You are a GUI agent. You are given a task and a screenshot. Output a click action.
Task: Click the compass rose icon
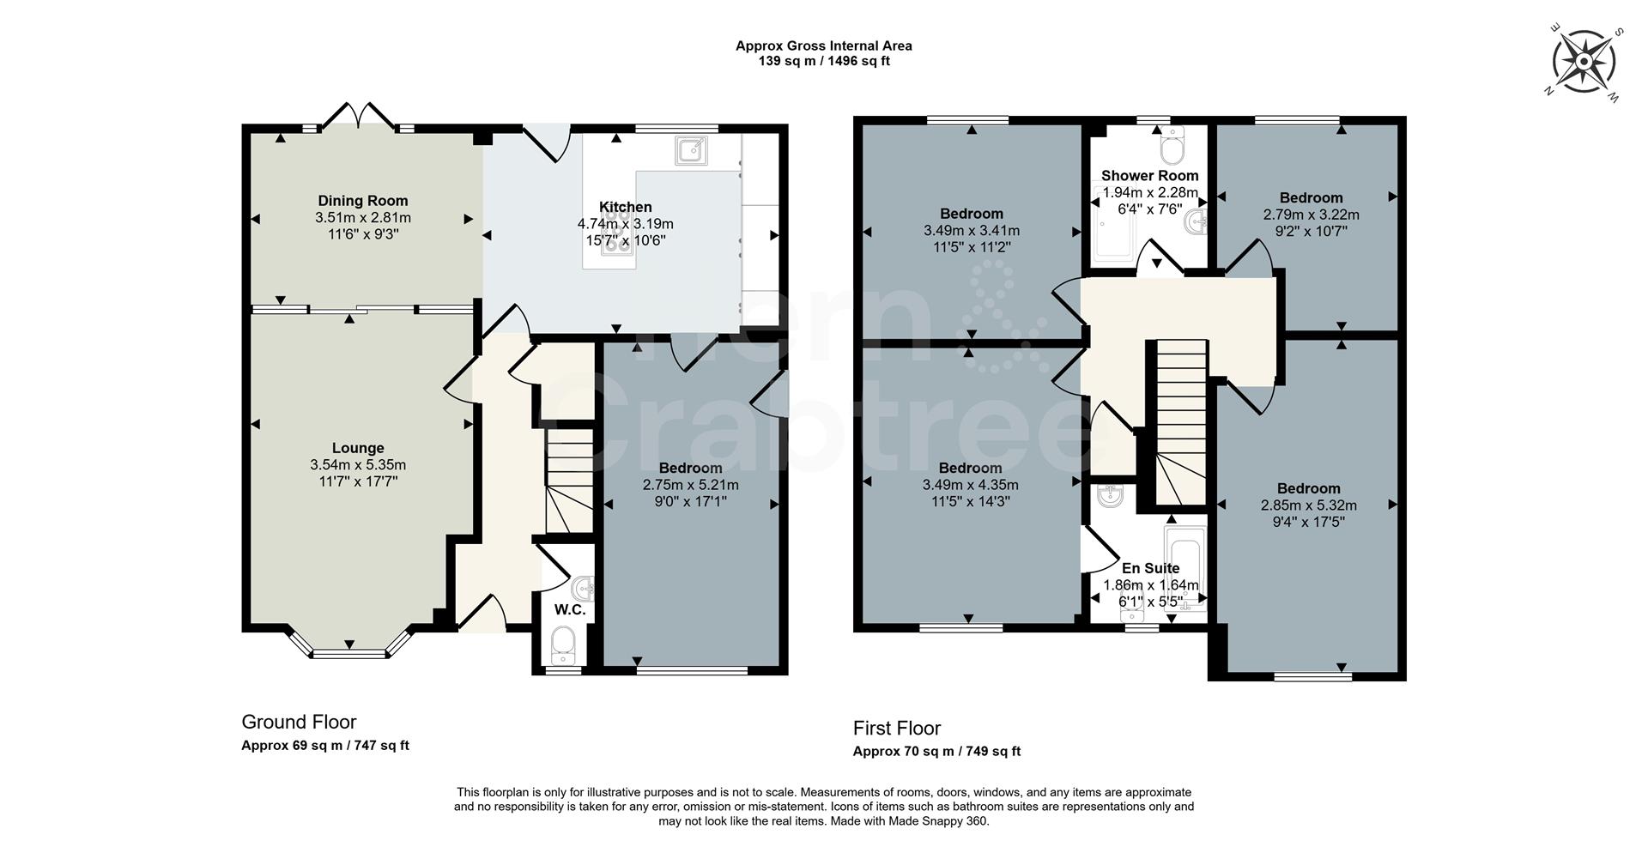tap(1584, 61)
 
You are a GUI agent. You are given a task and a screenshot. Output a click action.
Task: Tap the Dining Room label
tap(363, 201)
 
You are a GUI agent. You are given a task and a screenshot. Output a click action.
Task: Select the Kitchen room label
tap(625, 207)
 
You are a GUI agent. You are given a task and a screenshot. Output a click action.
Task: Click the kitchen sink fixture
tap(690, 150)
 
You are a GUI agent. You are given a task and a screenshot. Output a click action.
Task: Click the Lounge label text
tap(358, 448)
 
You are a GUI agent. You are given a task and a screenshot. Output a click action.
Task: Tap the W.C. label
tap(570, 610)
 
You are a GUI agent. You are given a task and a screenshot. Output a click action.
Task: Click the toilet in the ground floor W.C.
tap(564, 644)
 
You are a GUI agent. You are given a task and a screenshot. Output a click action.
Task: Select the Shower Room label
tap(1149, 176)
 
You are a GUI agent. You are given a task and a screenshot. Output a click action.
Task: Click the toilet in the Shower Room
tap(1171, 147)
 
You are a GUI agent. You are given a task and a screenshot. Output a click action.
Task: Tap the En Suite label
tap(1150, 568)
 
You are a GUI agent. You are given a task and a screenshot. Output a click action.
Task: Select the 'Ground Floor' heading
tap(299, 723)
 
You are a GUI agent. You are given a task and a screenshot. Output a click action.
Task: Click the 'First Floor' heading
tap(897, 729)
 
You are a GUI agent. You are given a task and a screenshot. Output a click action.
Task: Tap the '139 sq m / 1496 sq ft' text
tap(824, 61)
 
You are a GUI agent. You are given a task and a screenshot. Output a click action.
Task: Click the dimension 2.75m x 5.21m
tap(690, 485)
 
